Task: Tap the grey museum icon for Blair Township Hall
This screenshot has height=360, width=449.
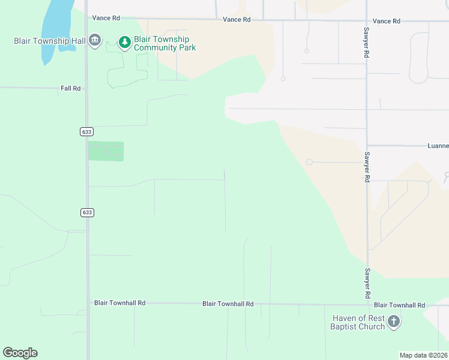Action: [x=94, y=41]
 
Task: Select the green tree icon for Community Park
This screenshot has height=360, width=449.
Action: [x=125, y=42]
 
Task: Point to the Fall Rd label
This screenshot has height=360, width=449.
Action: [x=70, y=88]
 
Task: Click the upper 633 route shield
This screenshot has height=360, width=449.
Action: [x=86, y=131]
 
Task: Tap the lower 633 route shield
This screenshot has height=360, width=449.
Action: [x=86, y=212]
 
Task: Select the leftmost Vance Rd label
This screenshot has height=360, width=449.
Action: [x=106, y=19]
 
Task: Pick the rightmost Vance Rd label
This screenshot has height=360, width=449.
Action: [x=386, y=21]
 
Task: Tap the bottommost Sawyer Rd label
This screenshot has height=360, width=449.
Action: [x=366, y=284]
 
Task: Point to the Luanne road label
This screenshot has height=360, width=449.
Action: [x=438, y=146]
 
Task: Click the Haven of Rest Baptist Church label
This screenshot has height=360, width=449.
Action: [x=357, y=322]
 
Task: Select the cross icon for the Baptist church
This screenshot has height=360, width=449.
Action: [x=394, y=322]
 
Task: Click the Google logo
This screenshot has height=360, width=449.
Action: [x=20, y=353]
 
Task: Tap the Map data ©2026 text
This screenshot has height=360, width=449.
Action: [x=424, y=355]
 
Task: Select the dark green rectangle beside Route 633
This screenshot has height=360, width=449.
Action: [x=106, y=151]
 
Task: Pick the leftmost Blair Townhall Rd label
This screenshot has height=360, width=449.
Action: [x=119, y=303]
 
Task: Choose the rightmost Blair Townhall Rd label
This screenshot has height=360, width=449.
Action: [x=399, y=305]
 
